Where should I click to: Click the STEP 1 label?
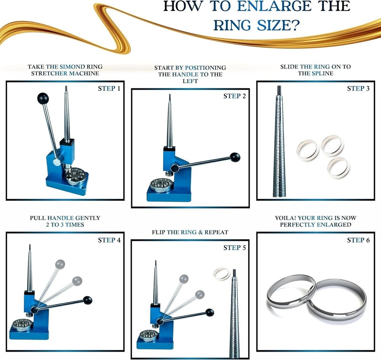tap(109, 88)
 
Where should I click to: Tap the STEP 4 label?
tap(109, 240)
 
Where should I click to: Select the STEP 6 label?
tap(358, 240)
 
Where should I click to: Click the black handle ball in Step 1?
tap(43, 98)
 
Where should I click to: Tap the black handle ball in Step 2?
tap(236, 157)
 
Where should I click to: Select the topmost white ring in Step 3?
tap(332, 146)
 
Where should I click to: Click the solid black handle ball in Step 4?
tap(88, 300)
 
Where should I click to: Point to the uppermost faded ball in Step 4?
tap(60, 264)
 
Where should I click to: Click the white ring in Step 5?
tap(221, 274)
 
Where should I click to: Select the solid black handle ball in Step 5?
tap(210, 312)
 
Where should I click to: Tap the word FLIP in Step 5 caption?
tap(159, 232)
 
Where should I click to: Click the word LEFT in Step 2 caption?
tap(190, 81)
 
